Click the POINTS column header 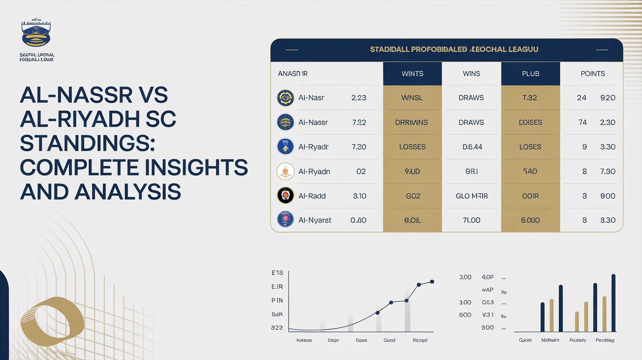click(593, 74)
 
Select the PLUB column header click(530, 74)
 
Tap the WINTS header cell click(412, 74)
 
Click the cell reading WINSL click(412, 98)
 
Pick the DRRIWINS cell click(412, 122)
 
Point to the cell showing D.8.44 click(471, 147)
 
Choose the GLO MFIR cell click(471, 196)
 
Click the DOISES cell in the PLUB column click(530, 122)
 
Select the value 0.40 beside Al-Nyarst click(358, 220)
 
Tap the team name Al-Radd click(312, 196)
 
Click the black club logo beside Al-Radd click(285, 195)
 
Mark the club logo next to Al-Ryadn click(285, 171)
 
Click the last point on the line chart click(432, 281)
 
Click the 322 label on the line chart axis click(276, 328)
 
